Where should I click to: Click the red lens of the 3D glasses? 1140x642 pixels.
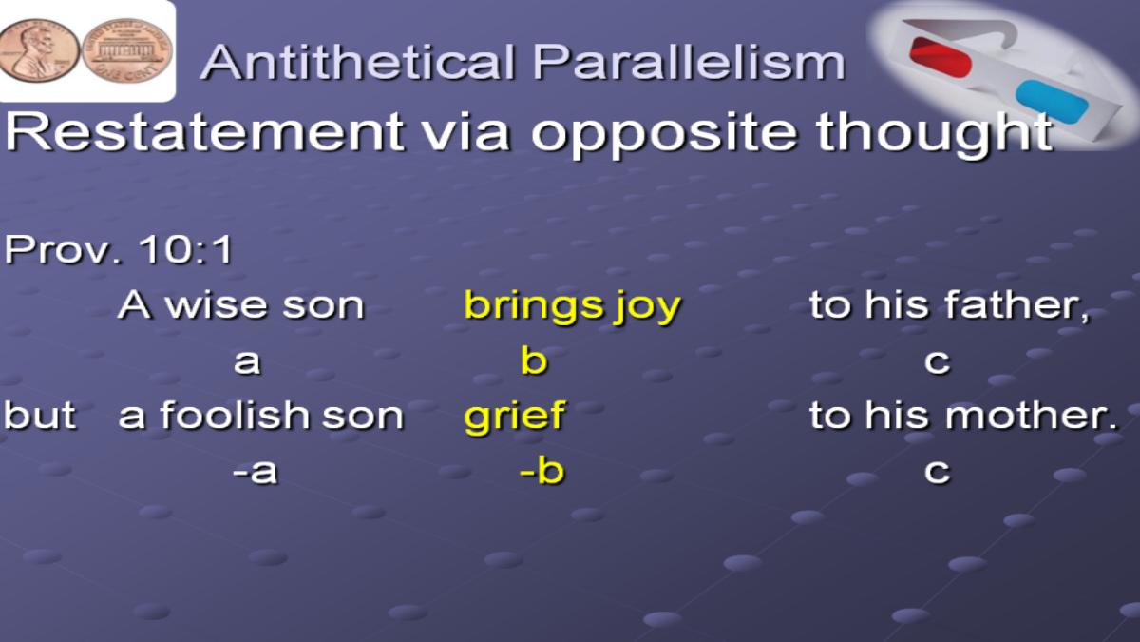coord(940,57)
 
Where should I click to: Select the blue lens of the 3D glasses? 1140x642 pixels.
coord(1052,102)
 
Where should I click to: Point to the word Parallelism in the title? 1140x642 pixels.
coord(689,62)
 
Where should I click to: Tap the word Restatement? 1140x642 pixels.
coord(204,131)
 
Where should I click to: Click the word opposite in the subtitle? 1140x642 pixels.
coord(664,133)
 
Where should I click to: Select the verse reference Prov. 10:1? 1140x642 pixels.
coord(118,249)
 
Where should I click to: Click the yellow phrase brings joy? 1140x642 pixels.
coord(572,306)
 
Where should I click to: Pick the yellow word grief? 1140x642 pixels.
coord(514,417)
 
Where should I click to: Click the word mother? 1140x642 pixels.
coord(1032,416)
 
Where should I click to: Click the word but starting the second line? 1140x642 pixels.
coord(40,415)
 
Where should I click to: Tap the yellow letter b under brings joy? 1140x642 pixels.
coord(534,360)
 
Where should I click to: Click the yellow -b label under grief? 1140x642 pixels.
coord(542,470)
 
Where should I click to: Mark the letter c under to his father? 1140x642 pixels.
coord(937,362)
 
